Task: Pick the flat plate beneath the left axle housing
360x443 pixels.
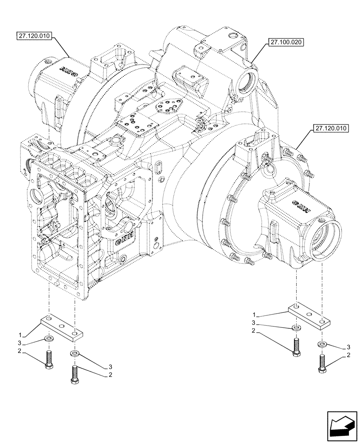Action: (x=62, y=326)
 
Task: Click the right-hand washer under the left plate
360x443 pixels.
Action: (x=74, y=354)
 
